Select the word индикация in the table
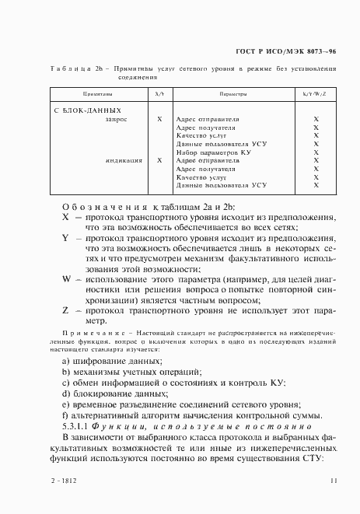[x=124, y=161]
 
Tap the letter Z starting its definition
[x=65, y=309]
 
